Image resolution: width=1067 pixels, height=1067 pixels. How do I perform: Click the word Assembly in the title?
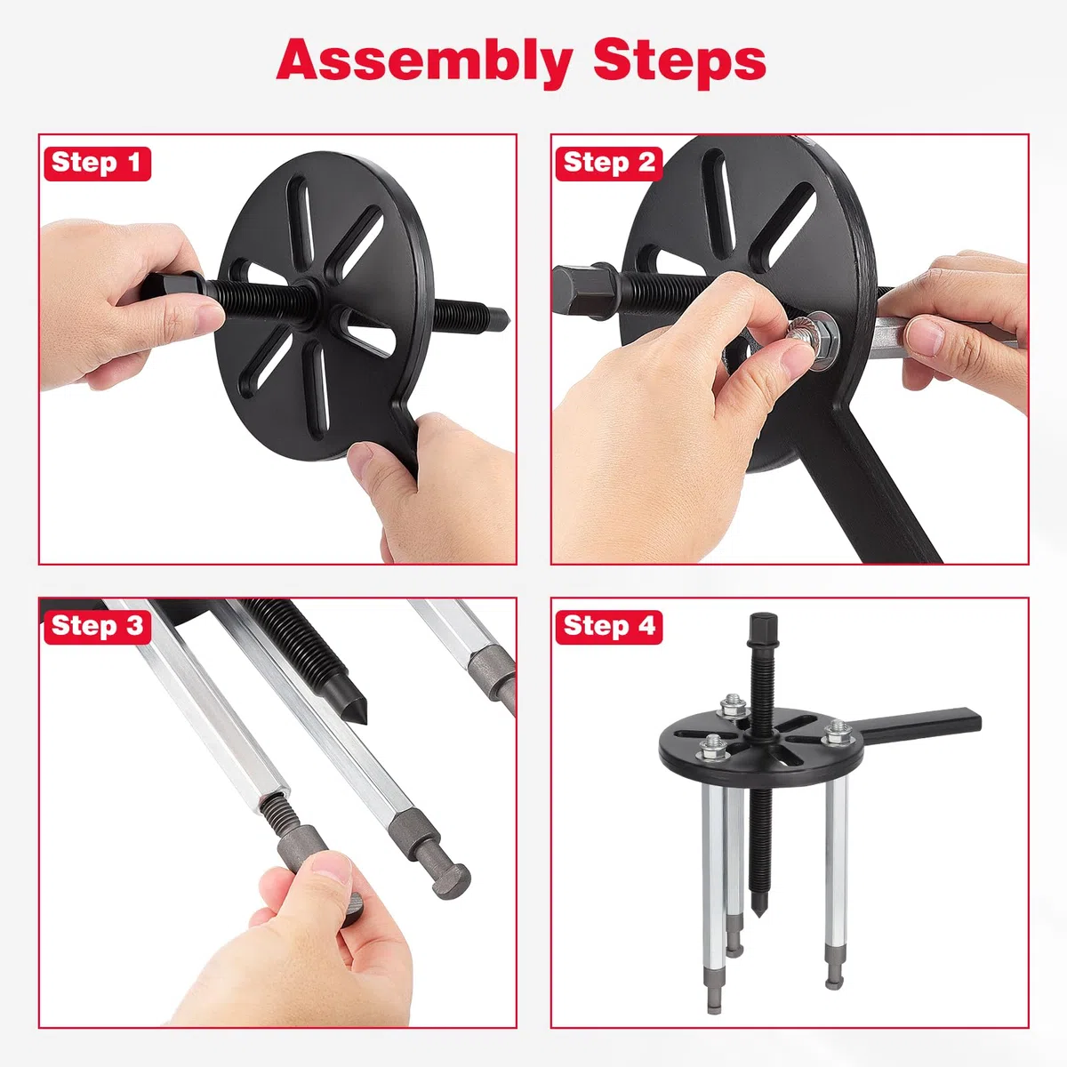coord(424,62)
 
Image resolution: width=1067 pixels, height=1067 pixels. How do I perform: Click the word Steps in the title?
coord(679,62)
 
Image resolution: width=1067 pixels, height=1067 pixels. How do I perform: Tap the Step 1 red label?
coord(97,164)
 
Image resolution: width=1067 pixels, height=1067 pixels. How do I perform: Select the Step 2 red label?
coord(608,164)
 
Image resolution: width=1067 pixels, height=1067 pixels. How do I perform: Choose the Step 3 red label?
coord(97,627)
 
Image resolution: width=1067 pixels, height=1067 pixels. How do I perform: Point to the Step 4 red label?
coord(608,627)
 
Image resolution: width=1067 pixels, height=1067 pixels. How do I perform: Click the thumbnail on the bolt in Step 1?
coord(209,315)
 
